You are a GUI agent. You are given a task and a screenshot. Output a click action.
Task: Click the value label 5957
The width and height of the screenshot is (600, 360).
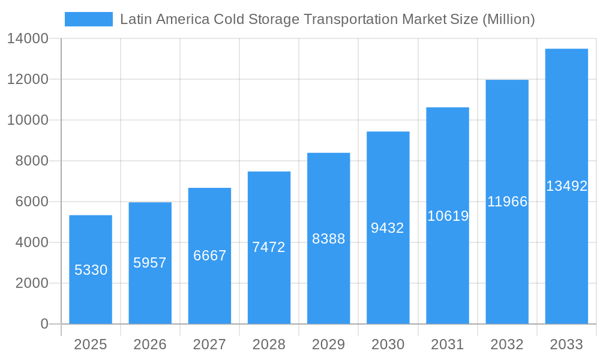150,263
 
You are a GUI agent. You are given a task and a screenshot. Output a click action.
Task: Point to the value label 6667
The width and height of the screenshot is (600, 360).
209,256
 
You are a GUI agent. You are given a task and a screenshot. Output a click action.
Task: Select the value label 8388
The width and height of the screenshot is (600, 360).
328,239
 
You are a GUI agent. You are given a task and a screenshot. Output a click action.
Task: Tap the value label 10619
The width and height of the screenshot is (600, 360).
448,216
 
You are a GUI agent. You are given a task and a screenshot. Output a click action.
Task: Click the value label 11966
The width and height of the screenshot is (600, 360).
507,202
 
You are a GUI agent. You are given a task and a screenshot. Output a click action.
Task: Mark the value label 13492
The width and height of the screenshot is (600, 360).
566,186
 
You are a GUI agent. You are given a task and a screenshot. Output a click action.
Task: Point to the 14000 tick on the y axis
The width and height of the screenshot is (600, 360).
28,38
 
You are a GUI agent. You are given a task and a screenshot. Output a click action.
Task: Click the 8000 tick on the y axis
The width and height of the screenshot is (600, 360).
32,161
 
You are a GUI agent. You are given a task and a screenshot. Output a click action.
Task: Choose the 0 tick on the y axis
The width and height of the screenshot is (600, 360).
44,324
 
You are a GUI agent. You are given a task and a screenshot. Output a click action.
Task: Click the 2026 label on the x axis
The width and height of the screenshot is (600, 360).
150,344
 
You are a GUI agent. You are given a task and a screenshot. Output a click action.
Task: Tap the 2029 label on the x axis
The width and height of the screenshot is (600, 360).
328,344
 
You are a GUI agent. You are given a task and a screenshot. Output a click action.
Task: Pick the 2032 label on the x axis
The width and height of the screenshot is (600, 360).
507,344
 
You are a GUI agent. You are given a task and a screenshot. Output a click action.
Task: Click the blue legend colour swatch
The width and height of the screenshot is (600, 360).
89,19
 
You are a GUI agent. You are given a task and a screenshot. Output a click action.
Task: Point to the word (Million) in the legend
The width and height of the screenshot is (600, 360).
508,19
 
